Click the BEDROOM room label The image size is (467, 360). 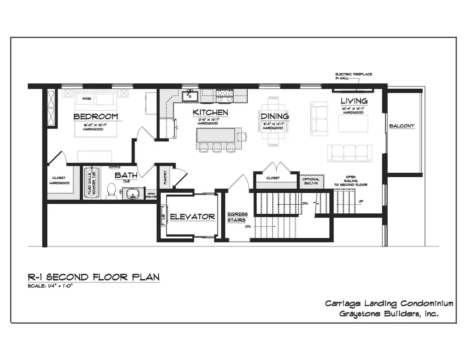point(95,117)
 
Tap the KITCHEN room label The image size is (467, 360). point(210,113)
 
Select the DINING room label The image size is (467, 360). point(275,117)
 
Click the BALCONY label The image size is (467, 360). point(402,126)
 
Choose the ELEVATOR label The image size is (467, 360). point(192,216)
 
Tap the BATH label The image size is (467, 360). point(125,175)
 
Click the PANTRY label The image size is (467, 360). point(165,178)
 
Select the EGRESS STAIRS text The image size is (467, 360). point(237,217)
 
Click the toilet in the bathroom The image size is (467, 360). point(111,191)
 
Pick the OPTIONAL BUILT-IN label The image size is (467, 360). point(311,181)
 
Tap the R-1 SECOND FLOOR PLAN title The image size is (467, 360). point(93,277)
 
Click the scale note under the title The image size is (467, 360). point(51,286)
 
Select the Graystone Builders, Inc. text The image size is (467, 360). point(389,314)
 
